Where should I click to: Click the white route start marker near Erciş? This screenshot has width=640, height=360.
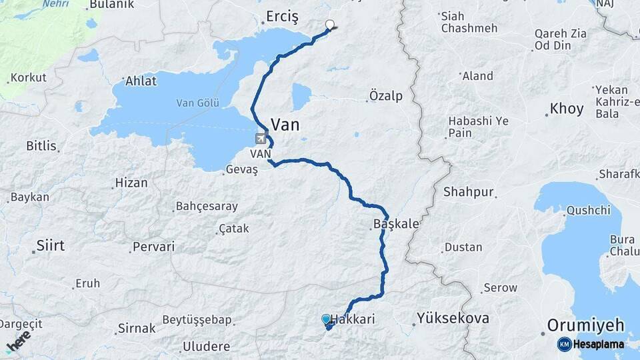[329, 25]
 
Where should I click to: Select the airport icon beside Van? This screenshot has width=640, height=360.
[260, 139]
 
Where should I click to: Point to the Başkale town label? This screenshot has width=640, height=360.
[396, 224]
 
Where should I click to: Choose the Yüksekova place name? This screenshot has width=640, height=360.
[453, 318]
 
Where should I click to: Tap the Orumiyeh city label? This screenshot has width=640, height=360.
[585, 325]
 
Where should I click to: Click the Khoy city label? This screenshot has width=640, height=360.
[566, 109]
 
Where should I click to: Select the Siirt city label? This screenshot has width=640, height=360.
[51, 245]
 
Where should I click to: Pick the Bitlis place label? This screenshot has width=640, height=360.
[41, 145]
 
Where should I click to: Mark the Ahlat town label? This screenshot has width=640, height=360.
[141, 81]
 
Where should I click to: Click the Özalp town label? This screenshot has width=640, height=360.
[387, 96]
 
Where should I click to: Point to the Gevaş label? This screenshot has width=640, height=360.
[241, 169]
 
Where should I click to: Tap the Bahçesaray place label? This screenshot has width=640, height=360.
[207, 206]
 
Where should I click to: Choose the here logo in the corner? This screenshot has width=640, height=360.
[19, 341]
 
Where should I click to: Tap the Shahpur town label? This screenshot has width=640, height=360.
[471, 192]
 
